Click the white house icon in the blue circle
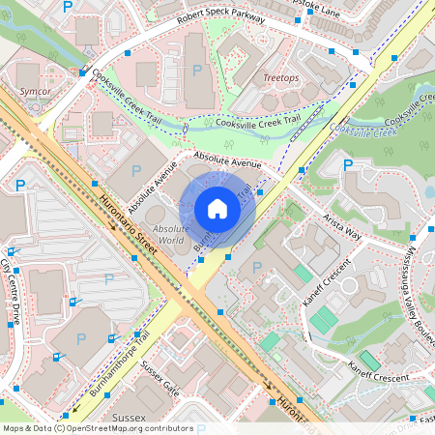[x=217, y=208]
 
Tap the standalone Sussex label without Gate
[x=129, y=418]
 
